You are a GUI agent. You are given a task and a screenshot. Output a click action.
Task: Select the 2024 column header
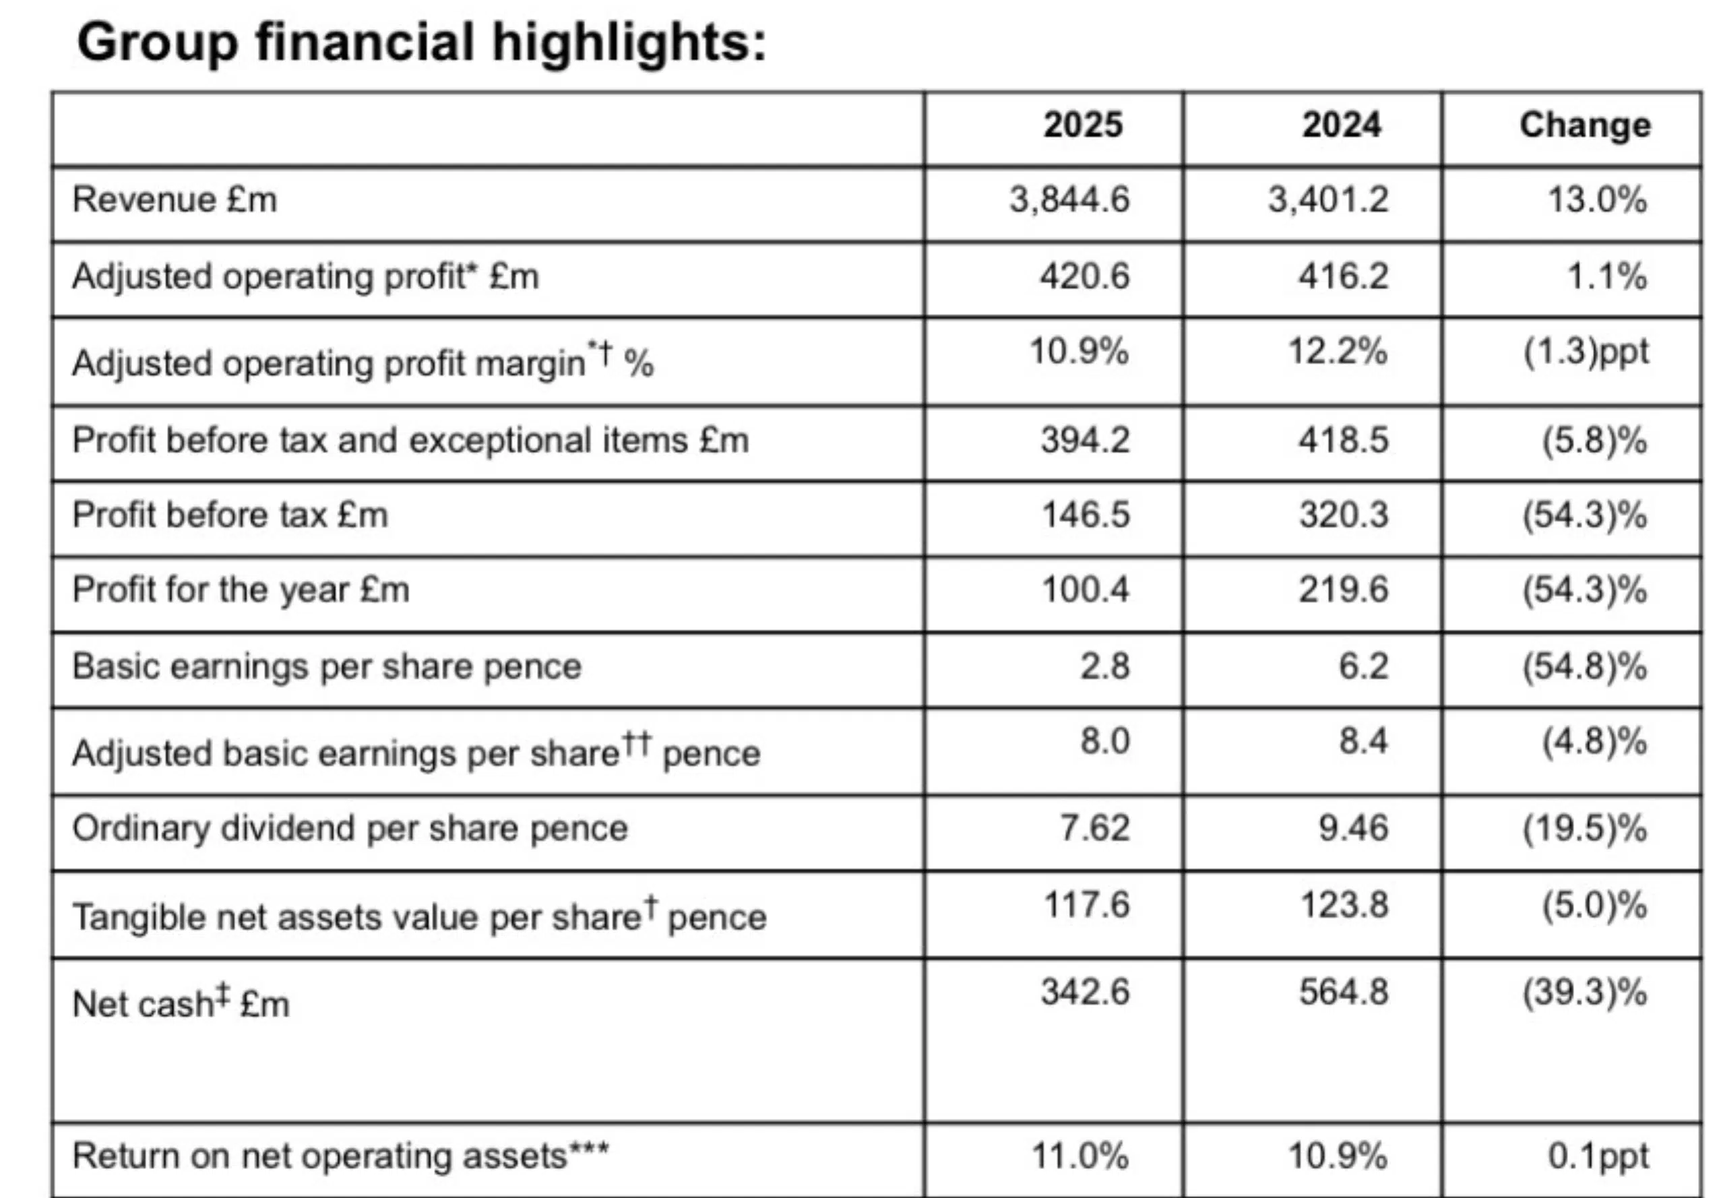[1341, 125]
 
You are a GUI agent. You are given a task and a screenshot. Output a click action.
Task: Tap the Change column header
[1585, 125]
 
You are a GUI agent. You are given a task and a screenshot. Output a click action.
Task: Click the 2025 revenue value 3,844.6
[1069, 199]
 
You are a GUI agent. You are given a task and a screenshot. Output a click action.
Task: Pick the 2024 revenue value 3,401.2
[1327, 199]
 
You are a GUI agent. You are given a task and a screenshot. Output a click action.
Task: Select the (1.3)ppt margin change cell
[1586, 352]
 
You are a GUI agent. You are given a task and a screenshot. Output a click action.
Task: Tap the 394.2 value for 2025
[1085, 440]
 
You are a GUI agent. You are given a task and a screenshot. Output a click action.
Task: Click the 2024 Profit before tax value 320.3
[1343, 515]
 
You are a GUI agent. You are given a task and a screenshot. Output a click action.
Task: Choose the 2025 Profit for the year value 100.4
[1085, 590]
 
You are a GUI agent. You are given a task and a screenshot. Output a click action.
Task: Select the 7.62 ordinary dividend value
[1094, 828]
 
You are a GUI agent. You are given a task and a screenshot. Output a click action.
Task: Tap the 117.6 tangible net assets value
[1086, 904]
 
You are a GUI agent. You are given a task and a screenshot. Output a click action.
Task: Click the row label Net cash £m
[181, 1003]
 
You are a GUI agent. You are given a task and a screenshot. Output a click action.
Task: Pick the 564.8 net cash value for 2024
[1343, 992]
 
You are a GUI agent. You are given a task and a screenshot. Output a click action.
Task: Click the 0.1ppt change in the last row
[1598, 1156]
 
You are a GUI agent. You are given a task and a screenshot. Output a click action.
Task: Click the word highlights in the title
[629, 42]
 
